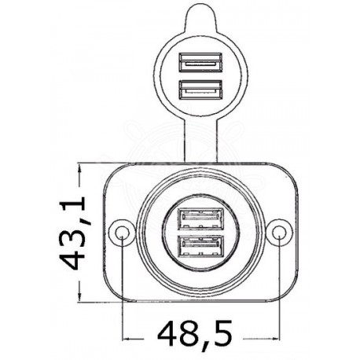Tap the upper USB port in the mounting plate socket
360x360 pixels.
201,217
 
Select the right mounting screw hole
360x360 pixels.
279,232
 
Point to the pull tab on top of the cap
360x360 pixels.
200,15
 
